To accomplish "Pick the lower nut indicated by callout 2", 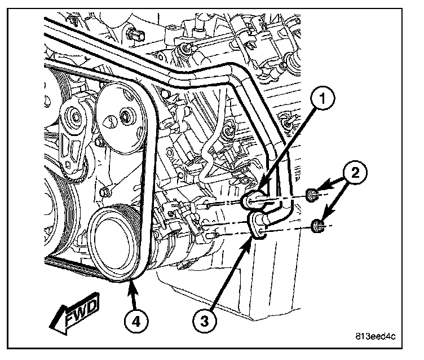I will click(x=317, y=228).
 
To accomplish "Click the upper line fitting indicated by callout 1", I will click(x=252, y=200).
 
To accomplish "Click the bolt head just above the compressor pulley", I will click(x=106, y=193).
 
